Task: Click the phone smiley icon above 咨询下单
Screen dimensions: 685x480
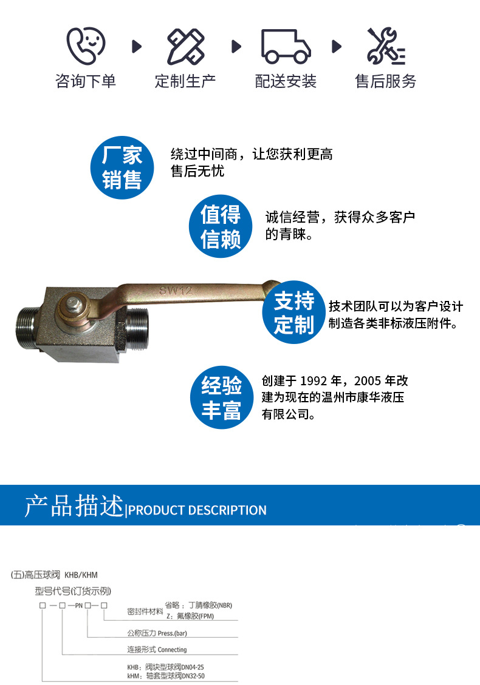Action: (85, 46)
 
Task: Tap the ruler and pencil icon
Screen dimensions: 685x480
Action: (185, 46)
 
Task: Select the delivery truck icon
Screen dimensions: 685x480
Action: (286, 46)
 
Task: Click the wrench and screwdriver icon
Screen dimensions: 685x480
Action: (386, 46)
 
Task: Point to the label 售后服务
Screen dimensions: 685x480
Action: (386, 81)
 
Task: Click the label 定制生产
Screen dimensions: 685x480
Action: (185, 81)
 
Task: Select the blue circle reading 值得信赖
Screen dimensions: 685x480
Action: (221, 226)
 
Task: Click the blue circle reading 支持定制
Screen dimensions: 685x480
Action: (293, 312)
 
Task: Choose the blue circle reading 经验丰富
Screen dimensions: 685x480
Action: (222, 398)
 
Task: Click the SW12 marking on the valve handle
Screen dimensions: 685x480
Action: (176, 291)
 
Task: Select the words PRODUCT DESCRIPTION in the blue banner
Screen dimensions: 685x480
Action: (197, 510)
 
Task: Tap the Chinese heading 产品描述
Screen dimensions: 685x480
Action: (74, 506)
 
